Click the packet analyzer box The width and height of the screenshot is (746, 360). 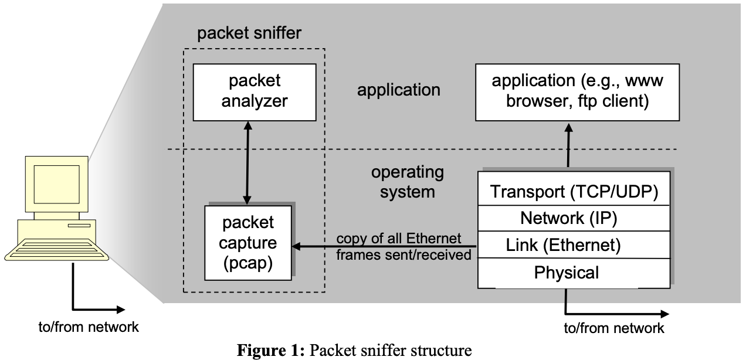[250, 91]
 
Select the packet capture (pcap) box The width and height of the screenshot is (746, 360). [248, 242]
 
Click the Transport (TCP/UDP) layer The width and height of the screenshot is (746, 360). [574, 192]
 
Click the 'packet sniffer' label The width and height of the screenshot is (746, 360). [249, 33]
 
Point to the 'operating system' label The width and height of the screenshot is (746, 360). [408, 182]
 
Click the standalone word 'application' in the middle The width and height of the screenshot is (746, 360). [399, 90]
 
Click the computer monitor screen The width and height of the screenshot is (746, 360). [56, 182]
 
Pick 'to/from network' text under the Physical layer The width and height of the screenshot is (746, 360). [613, 328]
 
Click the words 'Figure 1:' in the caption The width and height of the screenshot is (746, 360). [270, 351]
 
